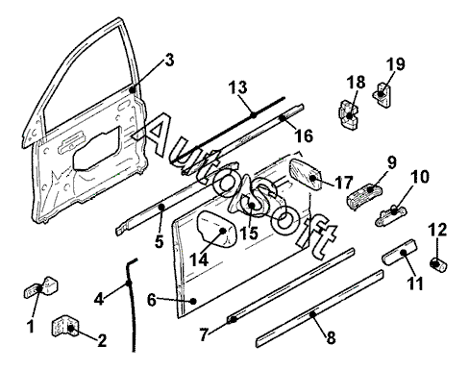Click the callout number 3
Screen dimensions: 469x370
pos(169,60)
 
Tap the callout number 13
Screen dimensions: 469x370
pos(238,87)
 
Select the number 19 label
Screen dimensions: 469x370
pos(395,64)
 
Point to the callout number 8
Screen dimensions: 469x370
pos(331,337)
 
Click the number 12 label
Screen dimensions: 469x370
pos(437,230)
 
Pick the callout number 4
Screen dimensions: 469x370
pos(99,299)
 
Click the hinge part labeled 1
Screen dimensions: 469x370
pos(41,286)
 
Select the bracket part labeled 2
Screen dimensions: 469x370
pos(65,326)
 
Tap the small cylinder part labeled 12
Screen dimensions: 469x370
pos(438,265)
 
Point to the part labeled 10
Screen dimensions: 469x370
pos(391,215)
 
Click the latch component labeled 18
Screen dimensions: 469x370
pos(349,115)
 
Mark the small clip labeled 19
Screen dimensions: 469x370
pos(383,95)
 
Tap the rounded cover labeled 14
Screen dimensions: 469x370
pos(216,229)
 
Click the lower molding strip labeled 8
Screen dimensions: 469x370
pos(320,309)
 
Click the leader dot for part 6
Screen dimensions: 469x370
pos(193,301)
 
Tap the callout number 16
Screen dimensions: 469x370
pos(303,136)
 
